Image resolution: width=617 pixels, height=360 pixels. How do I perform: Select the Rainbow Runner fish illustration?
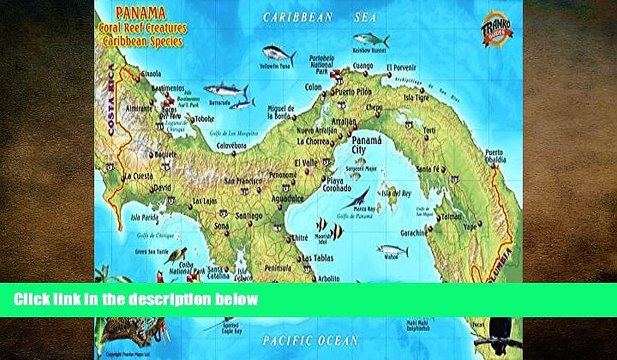click(x=370, y=41)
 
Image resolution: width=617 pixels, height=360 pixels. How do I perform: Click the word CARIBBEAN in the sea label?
click(x=298, y=17)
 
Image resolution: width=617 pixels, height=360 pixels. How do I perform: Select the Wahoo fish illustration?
click(x=392, y=250)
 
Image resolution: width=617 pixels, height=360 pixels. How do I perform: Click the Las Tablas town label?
click(x=314, y=257)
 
